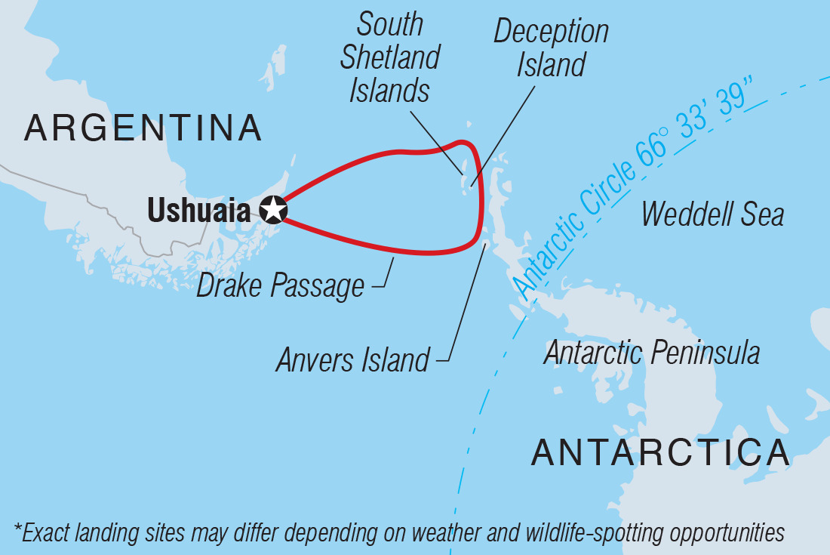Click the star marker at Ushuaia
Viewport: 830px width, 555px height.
[x=273, y=209]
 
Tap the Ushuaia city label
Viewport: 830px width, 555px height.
[x=198, y=210]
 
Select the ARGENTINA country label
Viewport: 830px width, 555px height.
[x=143, y=129]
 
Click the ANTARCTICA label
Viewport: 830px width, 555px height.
[x=660, y=452]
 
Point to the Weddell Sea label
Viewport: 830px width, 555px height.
[x=712, y=214]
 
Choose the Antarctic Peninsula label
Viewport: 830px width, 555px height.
[x=652, y=352]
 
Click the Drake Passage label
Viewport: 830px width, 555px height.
[x=281, y=286]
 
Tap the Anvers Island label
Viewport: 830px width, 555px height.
[x=352, y=360]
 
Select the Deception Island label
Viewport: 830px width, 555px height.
[x=552, y=48]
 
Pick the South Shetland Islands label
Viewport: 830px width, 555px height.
[x=391, y=58]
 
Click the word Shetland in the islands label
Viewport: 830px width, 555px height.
[x=391, y=58]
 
